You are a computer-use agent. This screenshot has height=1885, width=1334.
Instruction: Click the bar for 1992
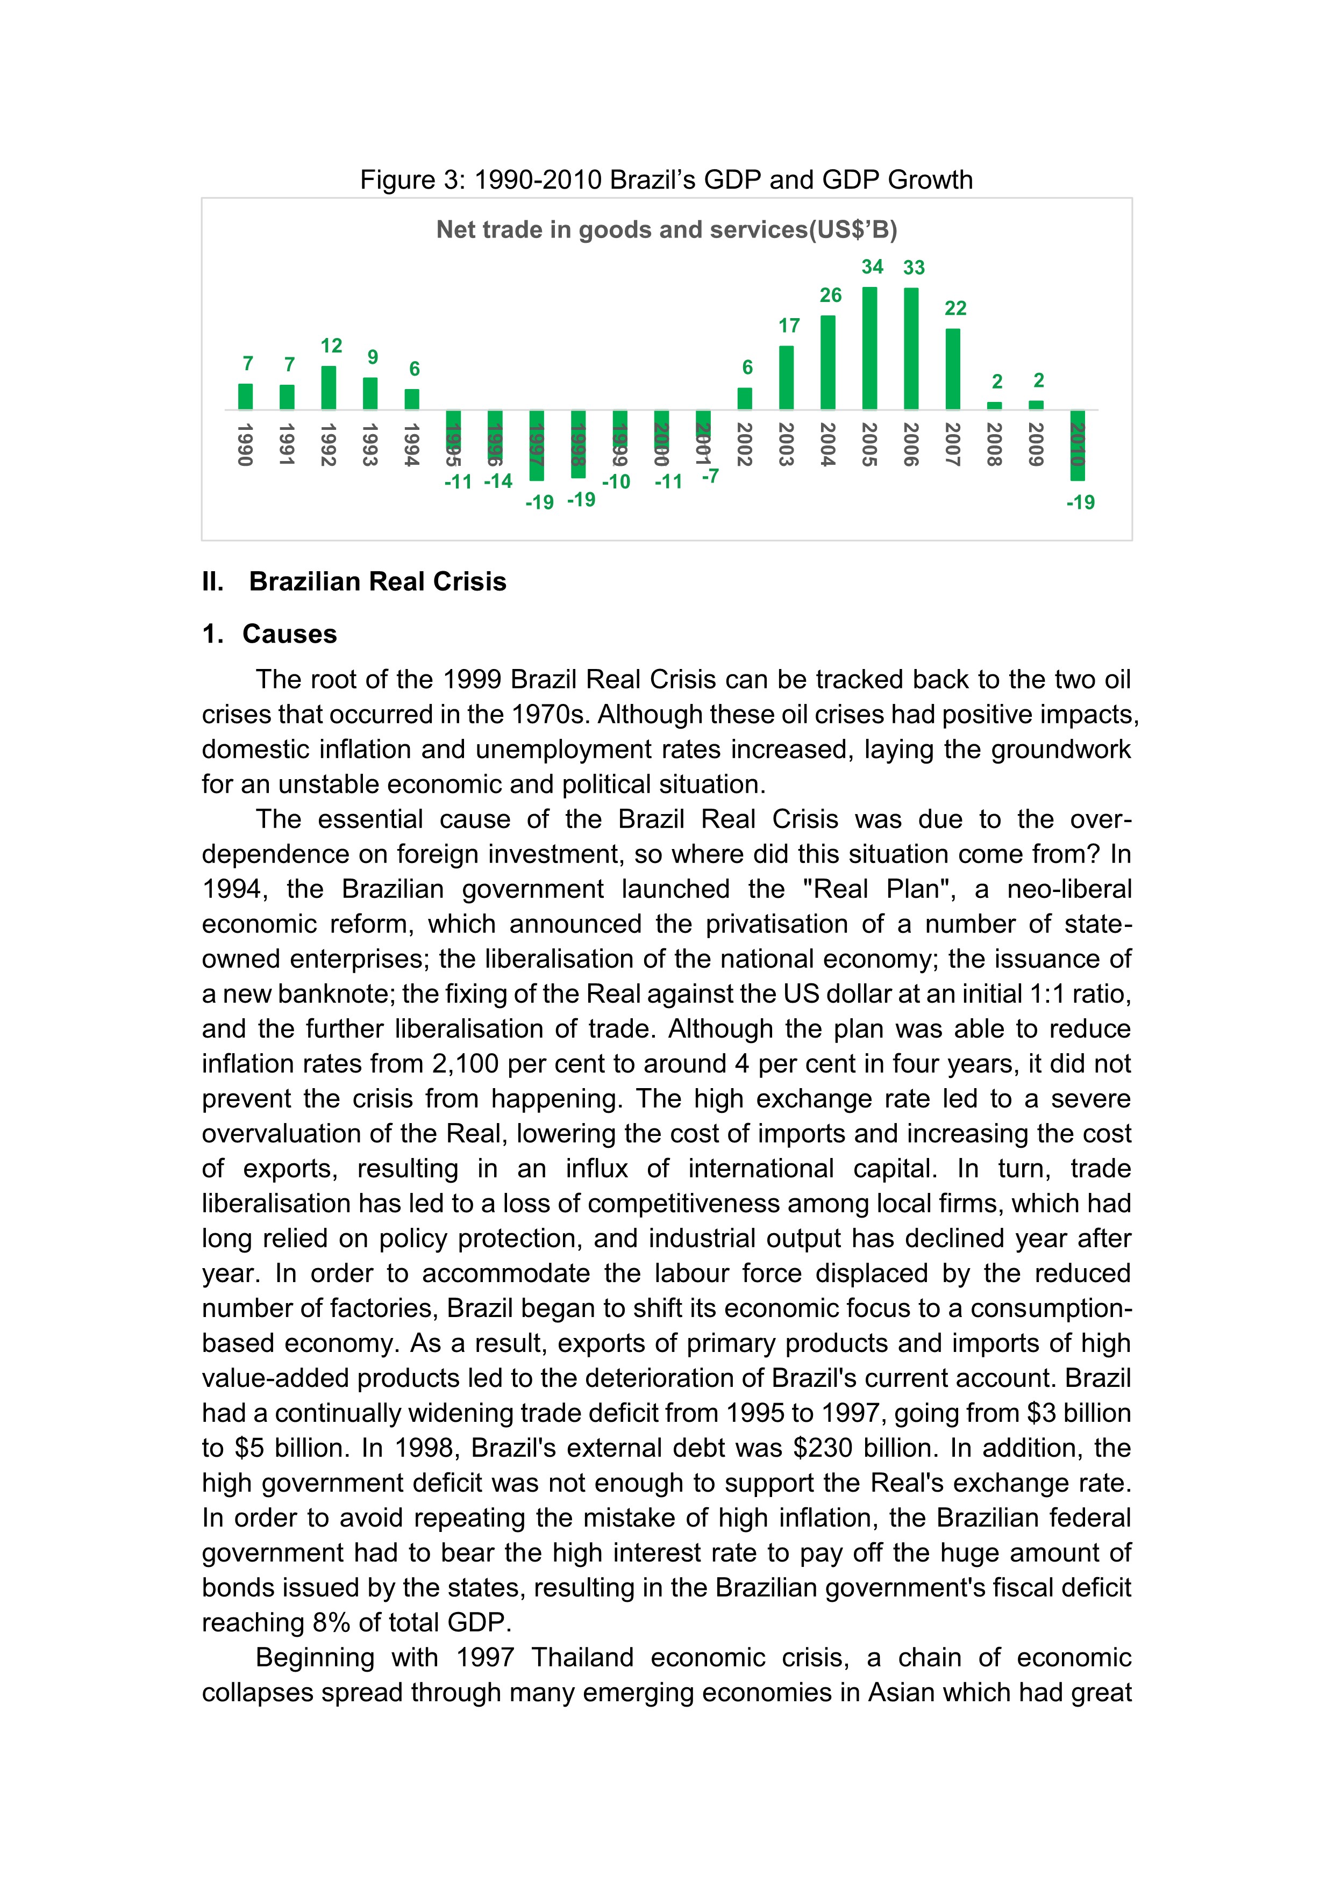coord(329,387)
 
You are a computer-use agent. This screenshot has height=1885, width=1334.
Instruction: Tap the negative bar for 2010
coord(1077,446)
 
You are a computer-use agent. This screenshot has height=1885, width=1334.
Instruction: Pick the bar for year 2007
coord(953,370)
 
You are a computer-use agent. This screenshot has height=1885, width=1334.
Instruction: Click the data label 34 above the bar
coord(872,267)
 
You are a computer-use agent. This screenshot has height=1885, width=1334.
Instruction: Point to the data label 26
coord(831,296)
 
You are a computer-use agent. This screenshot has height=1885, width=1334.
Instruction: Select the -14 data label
coord(498,481)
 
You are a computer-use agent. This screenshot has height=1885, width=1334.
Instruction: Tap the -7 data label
coord(710,476)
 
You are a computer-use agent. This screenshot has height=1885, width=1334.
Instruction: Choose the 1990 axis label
coord(245,444)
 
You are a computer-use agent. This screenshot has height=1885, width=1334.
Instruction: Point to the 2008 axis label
coord(994,444)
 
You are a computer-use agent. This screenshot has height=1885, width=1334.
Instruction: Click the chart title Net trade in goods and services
coord(666,230)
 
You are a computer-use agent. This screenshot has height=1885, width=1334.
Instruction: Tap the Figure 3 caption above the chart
coord(666,180)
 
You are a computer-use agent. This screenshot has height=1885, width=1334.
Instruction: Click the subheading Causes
coord(289,634)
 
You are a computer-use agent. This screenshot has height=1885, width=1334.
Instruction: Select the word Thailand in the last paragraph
coord(582,1658)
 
